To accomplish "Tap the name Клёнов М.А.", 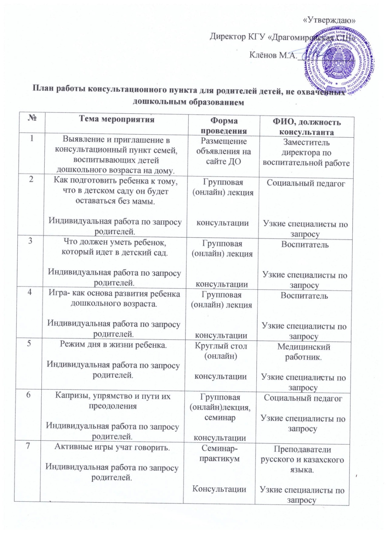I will (273, 55).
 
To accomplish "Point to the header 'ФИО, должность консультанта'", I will (307, 127).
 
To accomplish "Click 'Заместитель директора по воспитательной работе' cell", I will (306, 153).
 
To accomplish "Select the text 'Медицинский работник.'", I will (303, 352).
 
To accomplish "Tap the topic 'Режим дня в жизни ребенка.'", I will (113, 344).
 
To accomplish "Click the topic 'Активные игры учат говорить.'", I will (112, 447).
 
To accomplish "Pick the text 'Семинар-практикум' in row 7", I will (220, 454).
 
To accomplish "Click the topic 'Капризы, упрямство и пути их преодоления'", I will (112, 401).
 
